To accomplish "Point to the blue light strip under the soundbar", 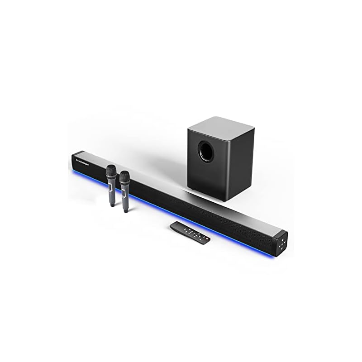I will click(x=181, y=222).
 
